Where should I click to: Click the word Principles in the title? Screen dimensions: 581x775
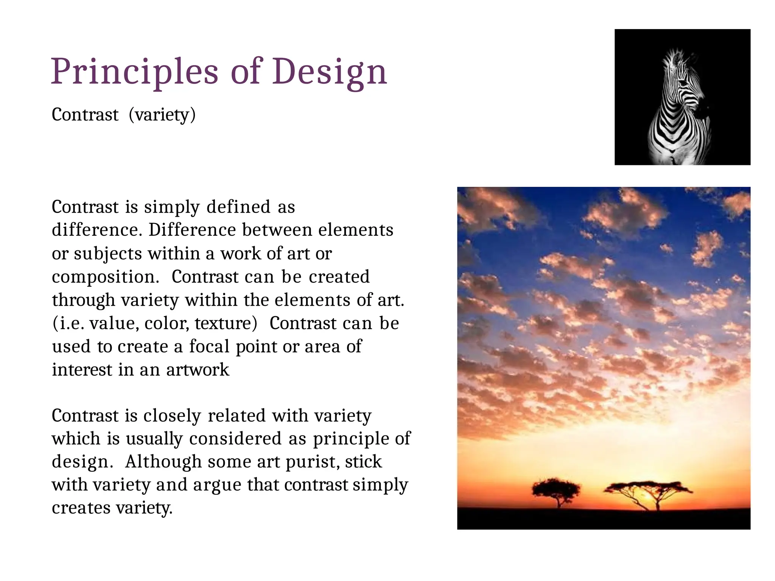click(x=135, y=72)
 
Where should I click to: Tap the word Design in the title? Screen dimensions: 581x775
click(x=329, y=72)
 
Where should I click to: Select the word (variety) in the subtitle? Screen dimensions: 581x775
click(x=162, y=115)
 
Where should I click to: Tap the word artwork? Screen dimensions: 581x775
click(x=198, y=370)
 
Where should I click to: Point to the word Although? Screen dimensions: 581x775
click(x=163, y=462)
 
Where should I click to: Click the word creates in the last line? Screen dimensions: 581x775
click(x=81, y=508)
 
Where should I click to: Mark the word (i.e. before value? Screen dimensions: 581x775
click(x=68, y=323)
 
